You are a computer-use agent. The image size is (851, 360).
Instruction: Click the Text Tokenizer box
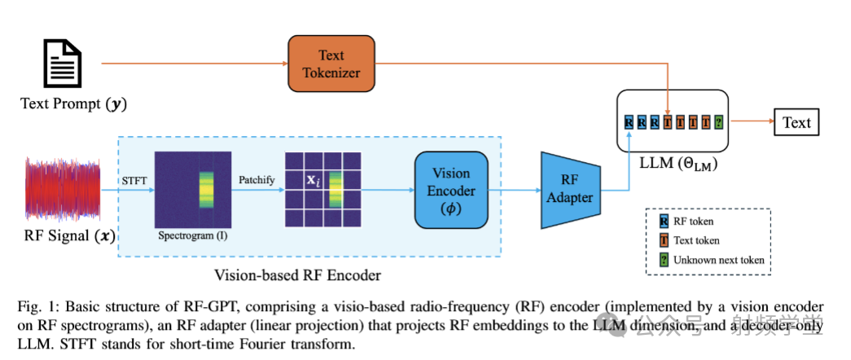point(331,63)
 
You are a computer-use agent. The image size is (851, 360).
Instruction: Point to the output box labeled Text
point(796,122)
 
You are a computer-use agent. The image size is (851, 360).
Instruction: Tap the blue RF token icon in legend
point(665,220)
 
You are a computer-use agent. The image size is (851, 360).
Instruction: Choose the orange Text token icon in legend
point(665,240)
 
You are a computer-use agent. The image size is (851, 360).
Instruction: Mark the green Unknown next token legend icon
point(665,260)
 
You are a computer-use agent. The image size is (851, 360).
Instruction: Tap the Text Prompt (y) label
point(74,103)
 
